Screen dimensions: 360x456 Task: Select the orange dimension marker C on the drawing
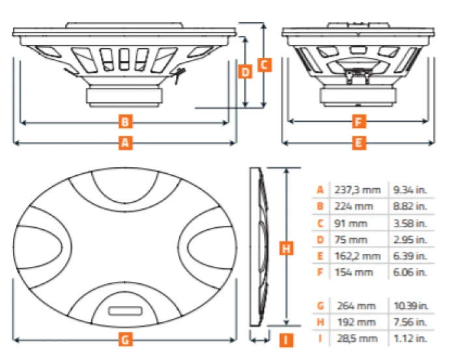264,64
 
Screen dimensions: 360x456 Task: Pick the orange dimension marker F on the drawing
357,120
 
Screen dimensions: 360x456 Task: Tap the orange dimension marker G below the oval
126,339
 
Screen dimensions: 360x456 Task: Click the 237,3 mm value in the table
356,190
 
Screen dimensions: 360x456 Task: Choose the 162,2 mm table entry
357,256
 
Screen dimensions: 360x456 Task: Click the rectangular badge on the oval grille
126,311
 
